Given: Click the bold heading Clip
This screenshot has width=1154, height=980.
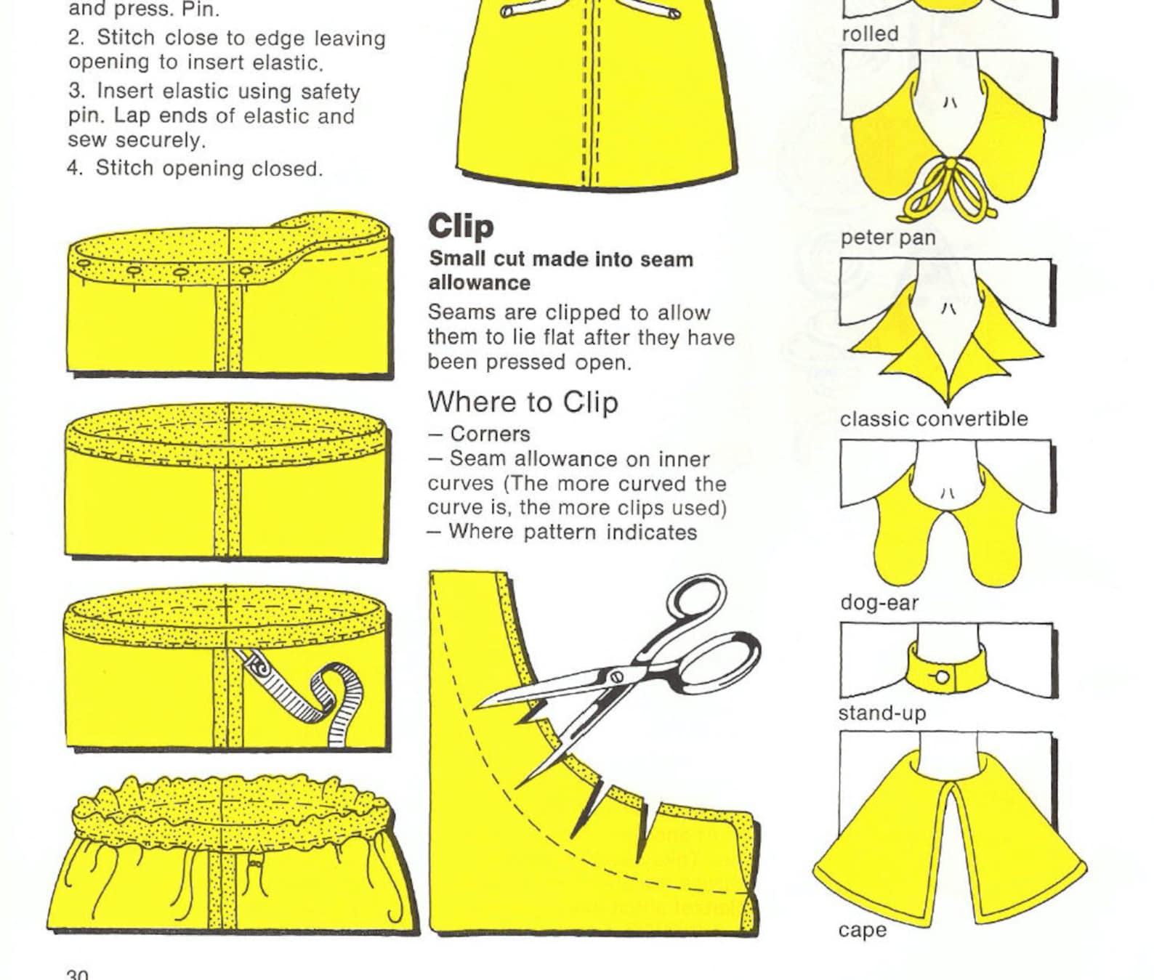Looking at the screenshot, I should coord(461,226).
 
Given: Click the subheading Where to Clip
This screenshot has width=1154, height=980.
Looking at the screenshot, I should coord(522,402).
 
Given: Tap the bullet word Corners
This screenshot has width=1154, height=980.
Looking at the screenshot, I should coord(490,434).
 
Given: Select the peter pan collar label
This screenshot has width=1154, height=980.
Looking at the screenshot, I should coord(887,238).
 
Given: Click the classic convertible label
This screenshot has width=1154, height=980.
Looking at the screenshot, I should coord(933,419).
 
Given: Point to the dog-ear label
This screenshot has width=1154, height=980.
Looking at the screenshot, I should coord(879,602).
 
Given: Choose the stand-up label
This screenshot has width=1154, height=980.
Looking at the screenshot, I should coord(881,713).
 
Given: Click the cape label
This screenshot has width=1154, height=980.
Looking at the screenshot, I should coord(862,930).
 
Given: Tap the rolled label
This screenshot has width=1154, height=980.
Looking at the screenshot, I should coord(869,34).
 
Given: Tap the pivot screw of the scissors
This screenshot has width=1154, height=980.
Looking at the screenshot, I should coord(617,676).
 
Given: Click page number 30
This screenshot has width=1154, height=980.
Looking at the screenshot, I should coord(77,973).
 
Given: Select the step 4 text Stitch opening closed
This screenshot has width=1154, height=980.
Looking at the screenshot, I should coord(209,169).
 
